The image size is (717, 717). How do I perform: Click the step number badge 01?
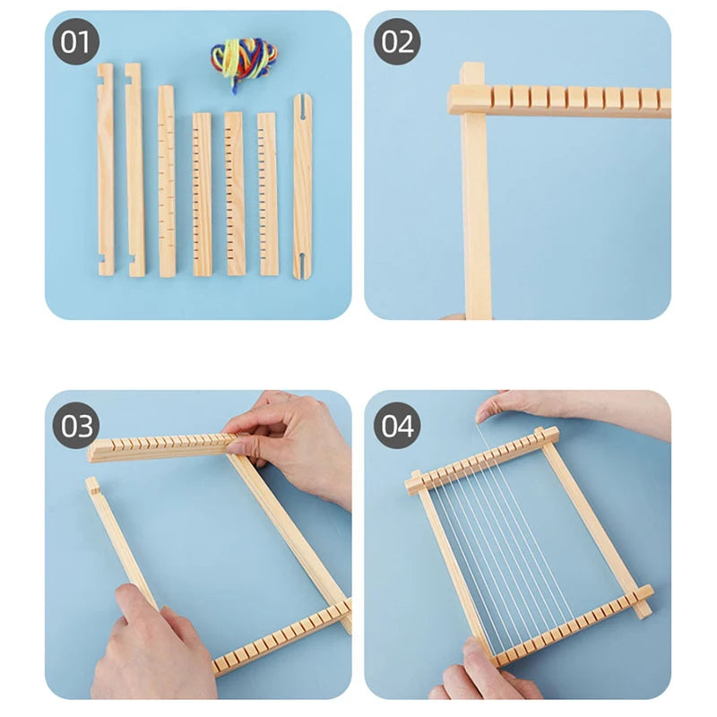[76, 42]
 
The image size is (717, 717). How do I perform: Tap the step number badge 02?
[396, 42]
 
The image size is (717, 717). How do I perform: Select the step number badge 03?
[76, 426]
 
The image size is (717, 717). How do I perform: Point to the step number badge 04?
[396, 426]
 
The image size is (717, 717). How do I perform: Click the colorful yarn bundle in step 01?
[244, 61]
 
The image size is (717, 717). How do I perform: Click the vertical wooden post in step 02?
[476, 215]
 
